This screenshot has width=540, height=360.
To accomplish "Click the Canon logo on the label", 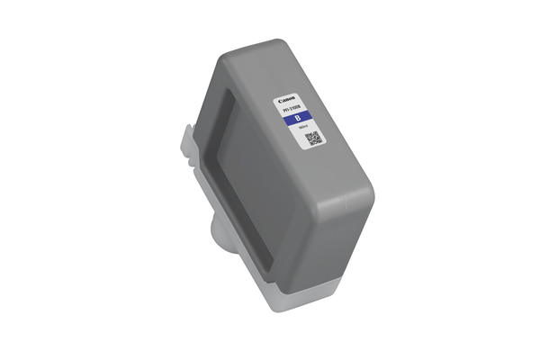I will point(287,99).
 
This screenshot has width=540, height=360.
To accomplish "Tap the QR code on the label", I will point(312,139).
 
